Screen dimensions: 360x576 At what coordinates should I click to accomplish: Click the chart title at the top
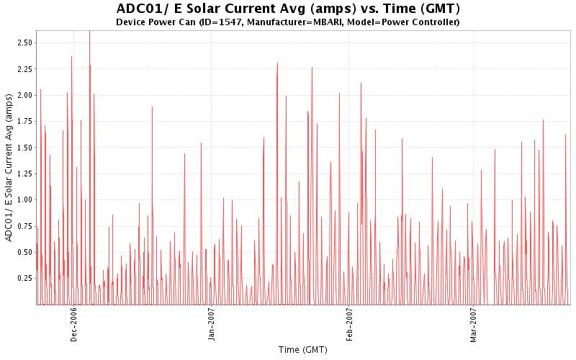(x=288, y=9)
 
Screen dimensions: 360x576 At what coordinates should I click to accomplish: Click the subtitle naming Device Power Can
(x=288, y=22)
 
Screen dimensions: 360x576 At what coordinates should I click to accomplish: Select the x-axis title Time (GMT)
(x=303, y=349)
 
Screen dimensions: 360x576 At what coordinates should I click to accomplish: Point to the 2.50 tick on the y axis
(x=24, y=43)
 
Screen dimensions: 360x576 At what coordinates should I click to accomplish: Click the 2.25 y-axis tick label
(x=24, y=69)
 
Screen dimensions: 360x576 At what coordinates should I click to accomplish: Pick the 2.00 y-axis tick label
(x=24, y=95)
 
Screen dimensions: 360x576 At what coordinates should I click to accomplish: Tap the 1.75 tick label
(x=24, y=122)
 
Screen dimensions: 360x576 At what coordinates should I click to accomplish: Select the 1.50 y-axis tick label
(x=24, y=148)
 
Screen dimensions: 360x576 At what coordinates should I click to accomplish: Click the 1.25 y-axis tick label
(x=24, y=174)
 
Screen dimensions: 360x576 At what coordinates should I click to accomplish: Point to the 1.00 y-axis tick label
(x=24, y=199)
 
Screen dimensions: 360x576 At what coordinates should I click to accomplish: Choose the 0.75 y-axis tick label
(x=24, y=226)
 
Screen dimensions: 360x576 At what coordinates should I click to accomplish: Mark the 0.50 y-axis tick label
(x=24, y=252)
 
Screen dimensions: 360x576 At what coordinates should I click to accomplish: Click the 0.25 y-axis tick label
(x=24, y=278)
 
